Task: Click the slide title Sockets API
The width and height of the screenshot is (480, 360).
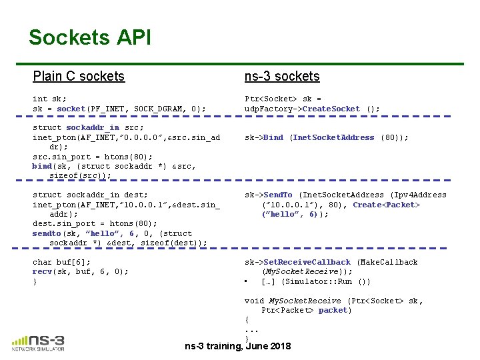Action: (90, 37)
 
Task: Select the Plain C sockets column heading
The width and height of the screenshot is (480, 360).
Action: (79, 76)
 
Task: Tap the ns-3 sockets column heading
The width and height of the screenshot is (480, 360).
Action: (282, 76)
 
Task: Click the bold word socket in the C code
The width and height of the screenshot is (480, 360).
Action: (71, 109)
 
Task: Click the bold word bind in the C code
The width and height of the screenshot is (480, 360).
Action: (42, 166)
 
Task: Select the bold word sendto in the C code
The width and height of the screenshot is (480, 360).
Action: (47, 233)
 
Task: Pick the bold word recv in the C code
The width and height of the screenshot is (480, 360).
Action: (43, 271)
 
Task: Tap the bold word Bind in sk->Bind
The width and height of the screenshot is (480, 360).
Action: (273, 137)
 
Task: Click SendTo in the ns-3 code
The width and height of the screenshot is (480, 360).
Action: (279, 195)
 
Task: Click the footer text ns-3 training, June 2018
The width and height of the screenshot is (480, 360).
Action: (238, 346)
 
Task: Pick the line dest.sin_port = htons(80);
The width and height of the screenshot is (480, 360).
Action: (95, 223)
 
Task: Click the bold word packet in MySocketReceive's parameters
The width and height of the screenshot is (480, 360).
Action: (334, 310)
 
